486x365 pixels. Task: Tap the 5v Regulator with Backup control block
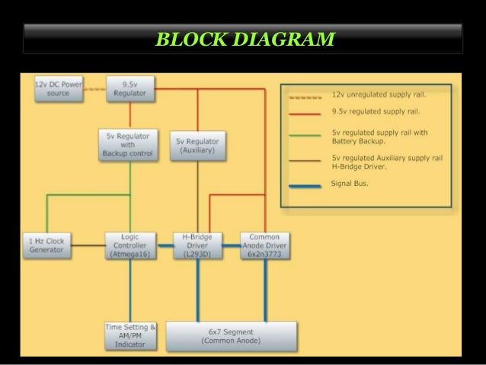pos(126,145)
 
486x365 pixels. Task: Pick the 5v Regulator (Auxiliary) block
pos(197,146)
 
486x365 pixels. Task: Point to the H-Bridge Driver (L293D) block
pos(197,245)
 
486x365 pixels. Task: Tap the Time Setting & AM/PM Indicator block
pos(129,336)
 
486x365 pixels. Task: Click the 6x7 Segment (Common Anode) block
pos(231,336)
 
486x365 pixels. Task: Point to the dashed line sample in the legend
pos(305,96)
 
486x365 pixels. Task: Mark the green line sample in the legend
pos(305,136)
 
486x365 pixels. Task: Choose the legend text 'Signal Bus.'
pos(350,183)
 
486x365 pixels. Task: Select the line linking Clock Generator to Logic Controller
pos(85,245)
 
